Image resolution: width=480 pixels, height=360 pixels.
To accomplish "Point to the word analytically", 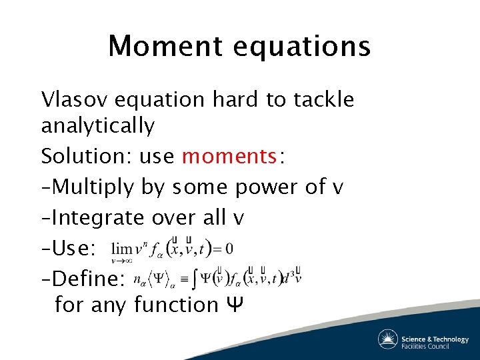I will tap(97, 125).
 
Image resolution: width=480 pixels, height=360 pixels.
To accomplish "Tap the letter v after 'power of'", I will tap(337, 189).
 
